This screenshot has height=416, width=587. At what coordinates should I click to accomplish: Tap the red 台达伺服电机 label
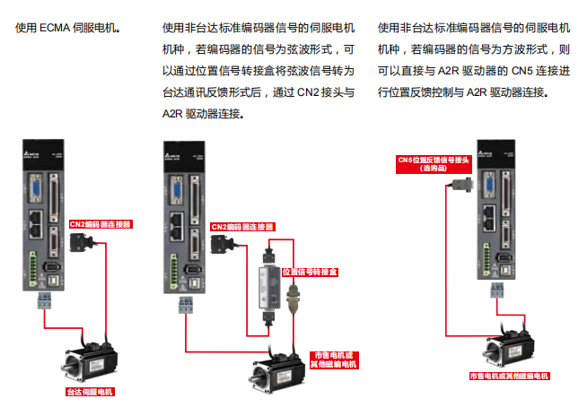[x=92, y=392]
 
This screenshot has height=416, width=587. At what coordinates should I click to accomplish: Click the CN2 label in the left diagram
[x=101, y=224]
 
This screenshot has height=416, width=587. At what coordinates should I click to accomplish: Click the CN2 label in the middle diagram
[x=241, y=227]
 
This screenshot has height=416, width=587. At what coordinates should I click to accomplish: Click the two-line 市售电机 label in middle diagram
[x=333, y=360]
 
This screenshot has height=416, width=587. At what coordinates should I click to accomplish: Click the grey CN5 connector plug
[x=464, y=186]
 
